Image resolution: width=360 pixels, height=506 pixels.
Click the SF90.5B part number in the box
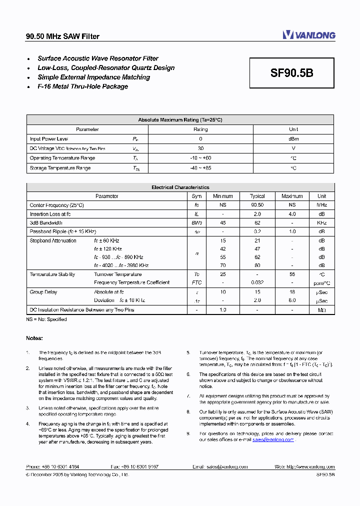292,73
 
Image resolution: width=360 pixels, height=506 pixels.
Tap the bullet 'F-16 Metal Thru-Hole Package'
82,86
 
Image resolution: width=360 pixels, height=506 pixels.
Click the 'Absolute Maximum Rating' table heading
180,120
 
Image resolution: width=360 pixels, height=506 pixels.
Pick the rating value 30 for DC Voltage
200,148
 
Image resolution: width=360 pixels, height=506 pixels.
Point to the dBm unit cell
293,139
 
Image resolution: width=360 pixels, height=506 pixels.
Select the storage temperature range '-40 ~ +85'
200,168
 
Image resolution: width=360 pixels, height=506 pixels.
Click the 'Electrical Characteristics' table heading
180,187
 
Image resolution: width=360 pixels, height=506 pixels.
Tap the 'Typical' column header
257,196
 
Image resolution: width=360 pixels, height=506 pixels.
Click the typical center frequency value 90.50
257,205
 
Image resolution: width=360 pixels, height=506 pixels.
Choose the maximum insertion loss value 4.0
292,214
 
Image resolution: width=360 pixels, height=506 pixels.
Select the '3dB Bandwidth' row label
46,223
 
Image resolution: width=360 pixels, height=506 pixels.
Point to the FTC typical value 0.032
257,282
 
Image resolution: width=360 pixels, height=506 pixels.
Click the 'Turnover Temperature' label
117,274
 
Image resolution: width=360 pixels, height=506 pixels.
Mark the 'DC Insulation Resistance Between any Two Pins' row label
81,310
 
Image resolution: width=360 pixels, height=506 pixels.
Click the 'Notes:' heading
34,338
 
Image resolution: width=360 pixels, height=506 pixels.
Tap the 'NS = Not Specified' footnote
46,319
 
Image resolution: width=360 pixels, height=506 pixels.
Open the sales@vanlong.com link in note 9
272,439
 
